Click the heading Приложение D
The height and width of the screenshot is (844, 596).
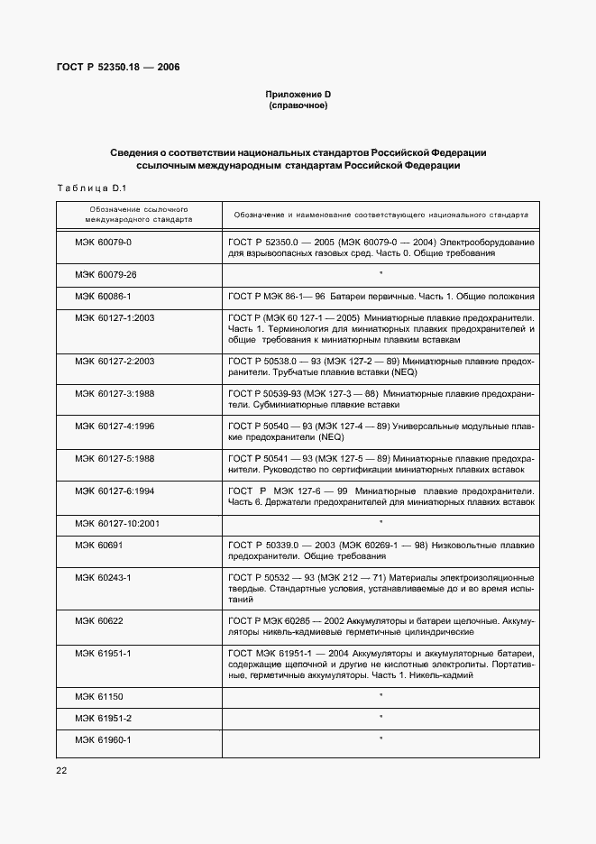[298, 95]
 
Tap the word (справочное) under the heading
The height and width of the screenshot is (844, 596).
[298, 105]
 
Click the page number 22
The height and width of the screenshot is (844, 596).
[61, 770]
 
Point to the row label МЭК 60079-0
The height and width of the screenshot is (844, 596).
[103, 243]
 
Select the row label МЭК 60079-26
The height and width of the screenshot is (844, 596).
[105, 273]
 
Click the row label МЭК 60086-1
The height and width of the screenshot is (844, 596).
[103, 296]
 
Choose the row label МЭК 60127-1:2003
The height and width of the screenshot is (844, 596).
[115, 318]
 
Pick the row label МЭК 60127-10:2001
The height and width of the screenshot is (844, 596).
[117, 522]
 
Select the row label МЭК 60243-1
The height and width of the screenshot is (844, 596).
[103, 576]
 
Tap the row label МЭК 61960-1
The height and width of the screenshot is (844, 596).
[103, 739]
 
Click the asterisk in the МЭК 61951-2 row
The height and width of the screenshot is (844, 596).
[381, 718]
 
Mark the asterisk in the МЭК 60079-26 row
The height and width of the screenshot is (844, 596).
[381, 273]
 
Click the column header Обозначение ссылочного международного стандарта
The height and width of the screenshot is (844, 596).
[138, 214]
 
